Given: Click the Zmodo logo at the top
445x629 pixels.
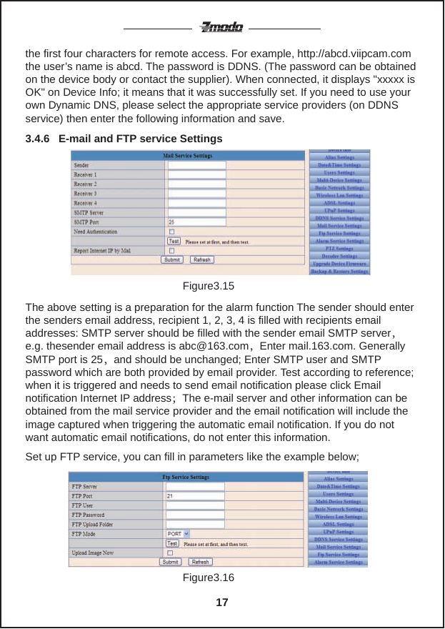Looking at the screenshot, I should point(221,28).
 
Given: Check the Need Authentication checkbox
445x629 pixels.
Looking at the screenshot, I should point(171,232).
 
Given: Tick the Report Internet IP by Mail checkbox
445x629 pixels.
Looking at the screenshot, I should point(171,251).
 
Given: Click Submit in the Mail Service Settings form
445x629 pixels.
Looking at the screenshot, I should point(172,260).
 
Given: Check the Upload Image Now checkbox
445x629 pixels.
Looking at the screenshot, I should point(171,553).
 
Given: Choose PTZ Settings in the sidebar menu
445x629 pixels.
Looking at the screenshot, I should point(340,248).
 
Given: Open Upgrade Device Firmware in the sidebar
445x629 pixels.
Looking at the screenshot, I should point(340,264).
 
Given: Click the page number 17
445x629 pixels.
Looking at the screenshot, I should point(222,603).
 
